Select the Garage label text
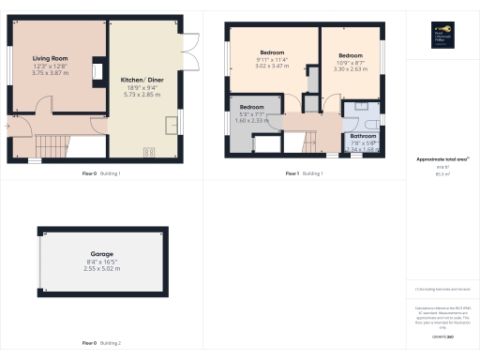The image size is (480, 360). (x=102, y=253)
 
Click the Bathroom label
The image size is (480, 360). (x=363, y=136)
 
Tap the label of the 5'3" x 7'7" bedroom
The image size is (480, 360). (x=251, y=108)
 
